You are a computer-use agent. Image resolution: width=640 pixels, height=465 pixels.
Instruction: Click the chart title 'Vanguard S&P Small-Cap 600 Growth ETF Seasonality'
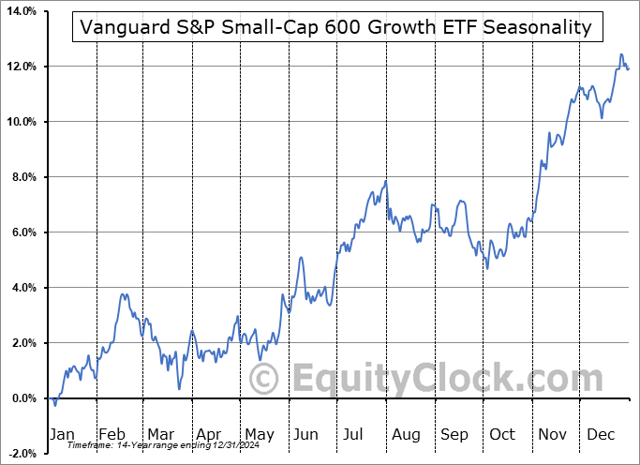coord(336,26)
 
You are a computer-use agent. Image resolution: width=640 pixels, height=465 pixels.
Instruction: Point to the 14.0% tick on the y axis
coord(21,11)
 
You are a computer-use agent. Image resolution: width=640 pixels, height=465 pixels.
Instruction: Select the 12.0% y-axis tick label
coord(21,67)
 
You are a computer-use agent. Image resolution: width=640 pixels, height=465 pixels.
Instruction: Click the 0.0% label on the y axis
coord(22,398)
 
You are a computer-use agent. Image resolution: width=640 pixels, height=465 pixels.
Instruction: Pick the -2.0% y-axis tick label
coord(21,454)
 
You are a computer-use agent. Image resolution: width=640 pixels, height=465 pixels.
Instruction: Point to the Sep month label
coord(455,435)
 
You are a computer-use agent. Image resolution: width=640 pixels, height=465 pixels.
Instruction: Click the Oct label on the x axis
coord(503,435)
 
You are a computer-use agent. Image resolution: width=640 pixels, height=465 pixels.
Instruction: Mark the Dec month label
coord(600,435)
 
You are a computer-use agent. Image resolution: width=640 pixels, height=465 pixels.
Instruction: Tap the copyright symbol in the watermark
coord(265,380)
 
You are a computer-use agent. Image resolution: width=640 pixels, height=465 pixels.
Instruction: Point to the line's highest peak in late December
coord(620,55)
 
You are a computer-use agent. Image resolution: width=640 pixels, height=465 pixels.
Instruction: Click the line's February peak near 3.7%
coord(123,294)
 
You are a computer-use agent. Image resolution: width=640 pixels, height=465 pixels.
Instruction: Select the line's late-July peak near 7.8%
coord(385,181)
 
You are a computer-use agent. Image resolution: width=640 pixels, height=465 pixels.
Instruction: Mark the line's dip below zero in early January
coord(55,404)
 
